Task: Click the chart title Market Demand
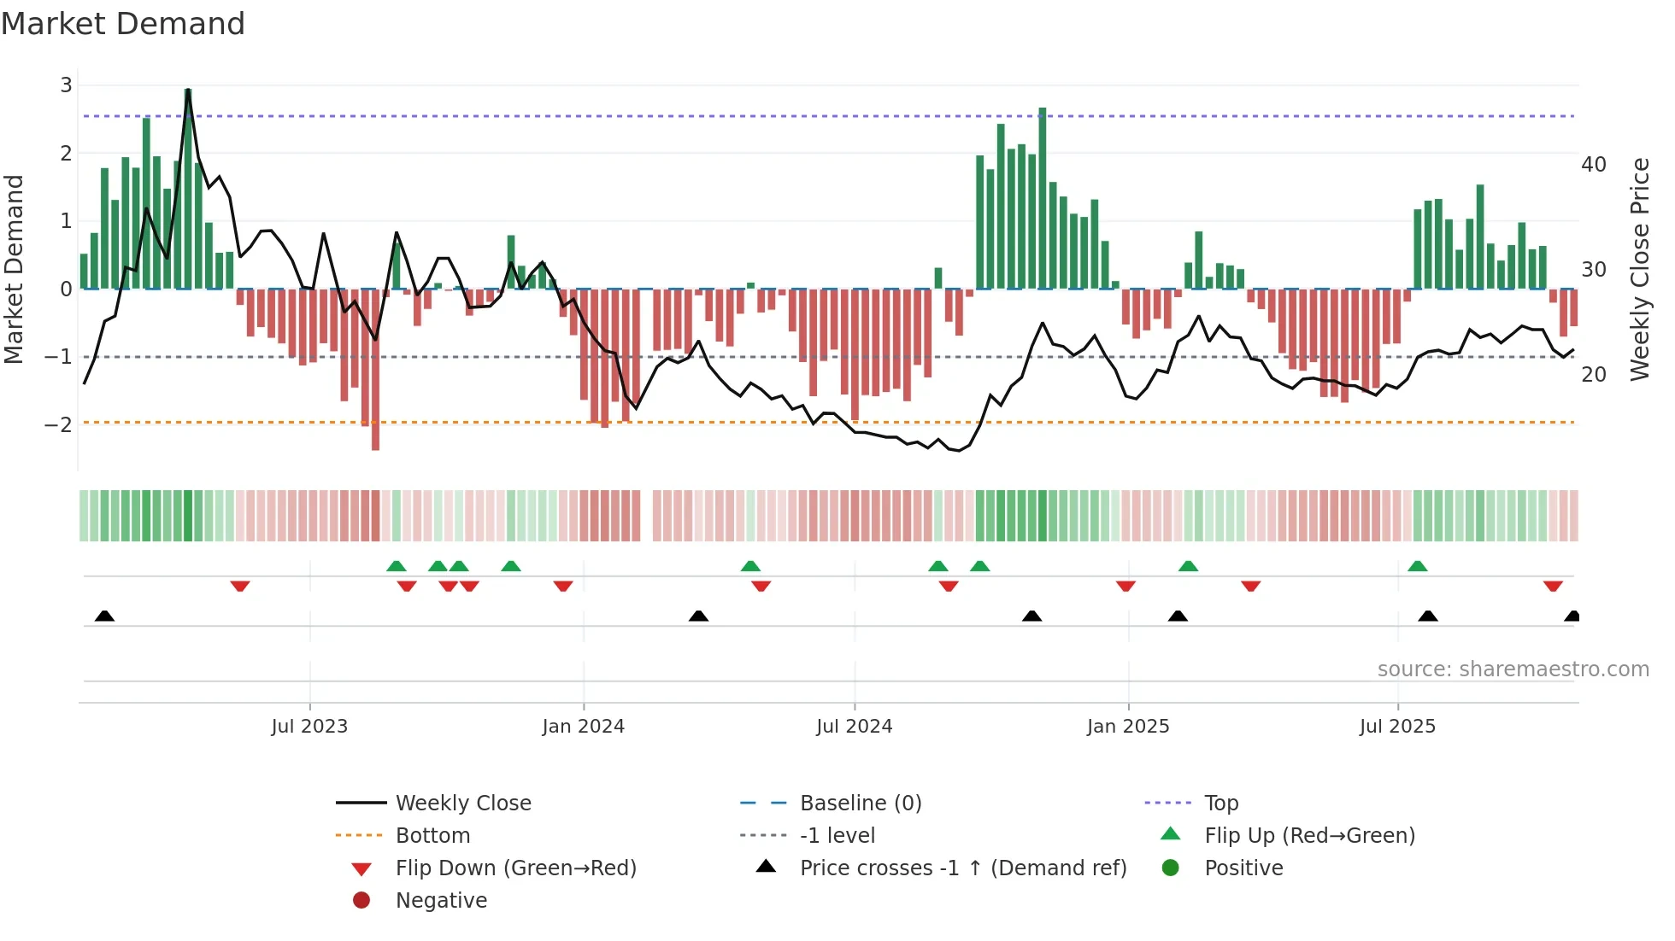click(123, 24)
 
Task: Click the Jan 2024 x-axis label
click(583, 727)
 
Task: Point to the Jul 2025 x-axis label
click(1397, 727)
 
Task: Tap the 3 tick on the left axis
click(66, 85)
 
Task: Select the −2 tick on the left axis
click(59, 424)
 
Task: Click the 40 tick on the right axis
click(1593, 165)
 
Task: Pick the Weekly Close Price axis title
click(1639, 269)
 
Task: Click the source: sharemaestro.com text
click(1513, 669)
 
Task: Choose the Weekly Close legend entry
click(462, 804)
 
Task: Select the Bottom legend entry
click(432, 836)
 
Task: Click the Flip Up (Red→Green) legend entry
click(1309, 836)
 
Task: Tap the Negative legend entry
click(441, 901)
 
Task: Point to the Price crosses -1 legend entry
click(962, 868)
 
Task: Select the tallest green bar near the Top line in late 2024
click(1043, 196)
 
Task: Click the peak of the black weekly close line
click(188, 90)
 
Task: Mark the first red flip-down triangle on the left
click(240, 586)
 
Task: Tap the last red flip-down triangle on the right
click(1553, 586)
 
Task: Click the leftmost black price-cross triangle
click(104, 616)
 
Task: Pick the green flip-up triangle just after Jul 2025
click(1418, 566)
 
